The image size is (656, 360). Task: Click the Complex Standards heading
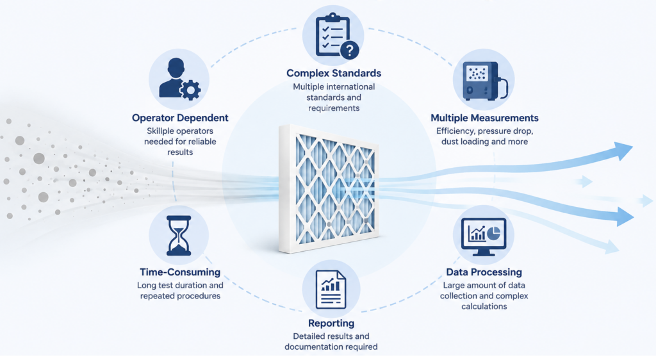click(x=333, y=73)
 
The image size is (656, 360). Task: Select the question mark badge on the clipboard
click(x=350, y=51)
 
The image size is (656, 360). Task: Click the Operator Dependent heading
click(x=180, y=118)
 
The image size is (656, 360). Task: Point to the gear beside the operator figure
click(x=190, y=90)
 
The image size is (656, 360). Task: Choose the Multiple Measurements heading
click(x=484, y=118)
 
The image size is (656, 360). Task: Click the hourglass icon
click(x=179, y=235)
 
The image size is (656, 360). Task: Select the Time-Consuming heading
click(x=180, y=272)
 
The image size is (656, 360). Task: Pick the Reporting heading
click(x=331, y=323)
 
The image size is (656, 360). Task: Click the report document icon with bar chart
click(x=331, y=290)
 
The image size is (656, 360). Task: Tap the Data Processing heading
click(x=484, y=272)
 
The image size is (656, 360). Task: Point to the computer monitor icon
click(x=483, y=236)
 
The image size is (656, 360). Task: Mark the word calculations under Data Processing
click(x=484, y=306)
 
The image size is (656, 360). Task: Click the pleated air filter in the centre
click(x=329, y=188)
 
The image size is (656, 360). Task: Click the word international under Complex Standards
click(x=347, y=86)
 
